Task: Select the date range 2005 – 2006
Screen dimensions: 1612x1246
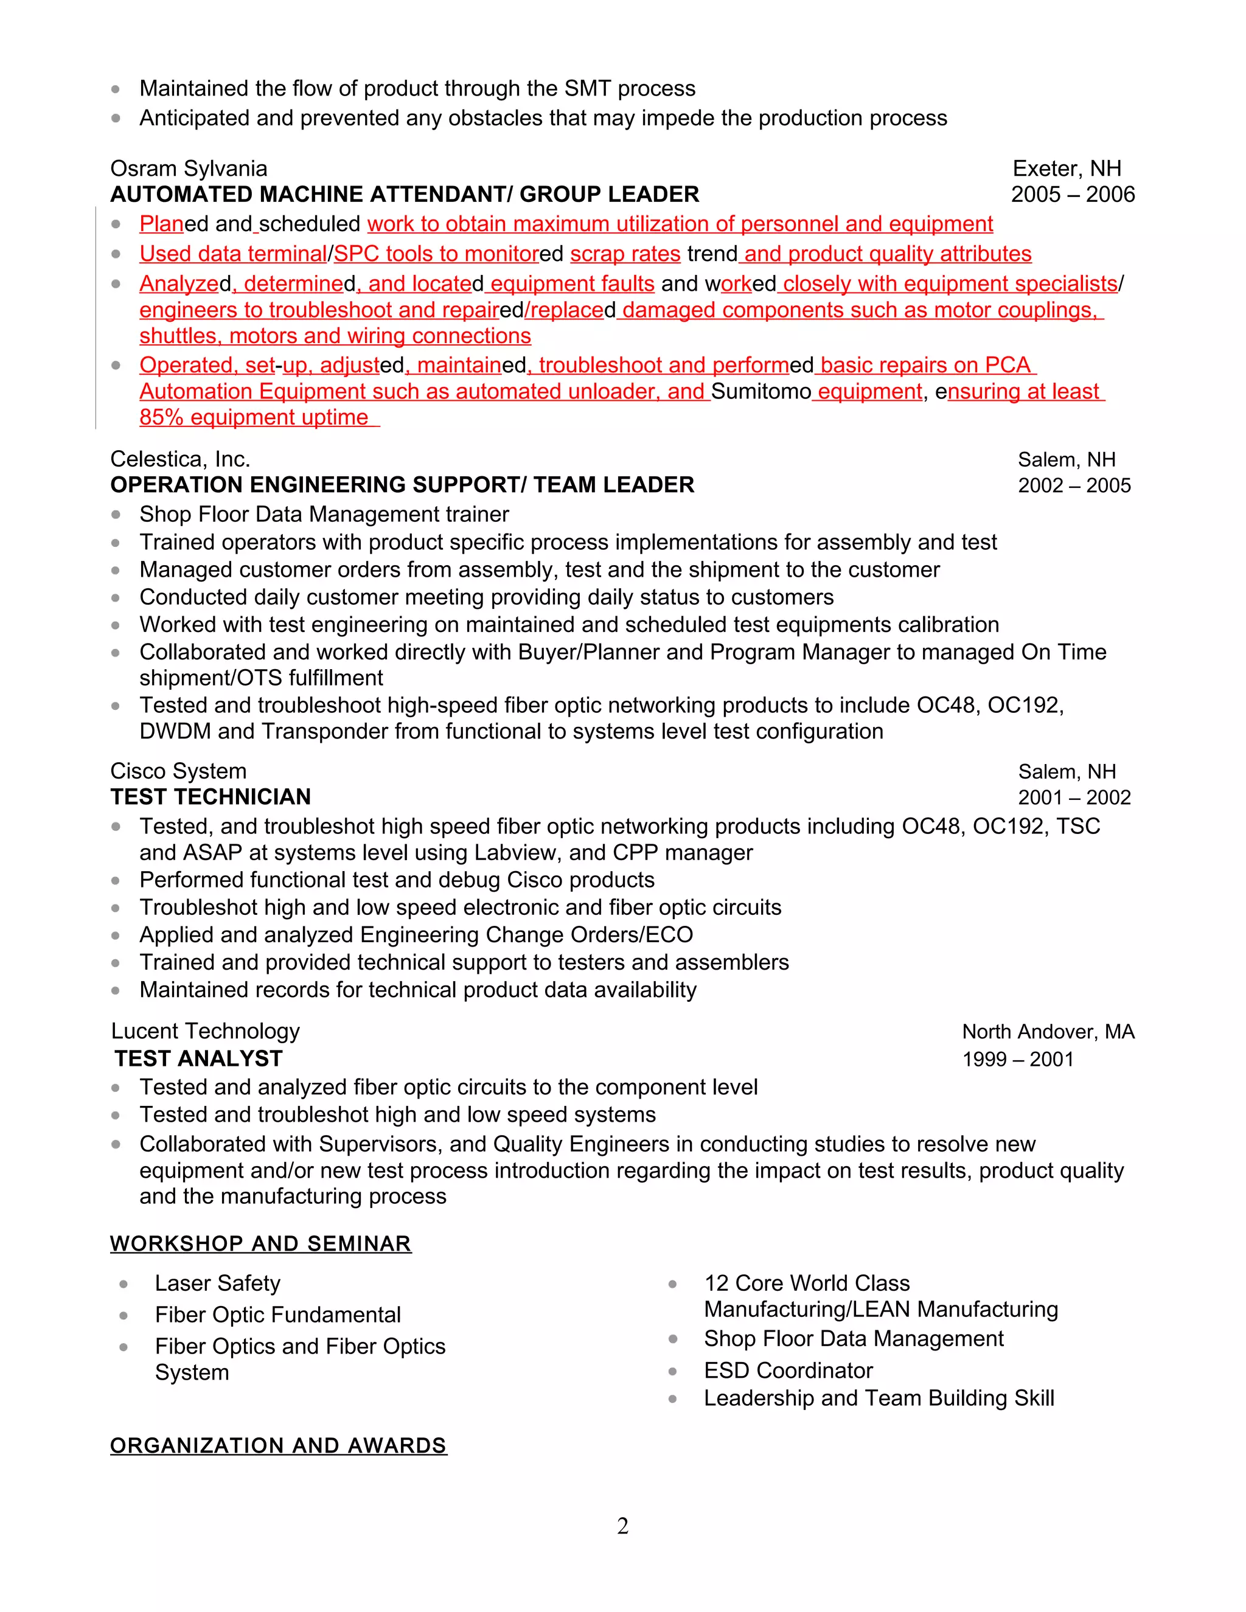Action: (1072, 195)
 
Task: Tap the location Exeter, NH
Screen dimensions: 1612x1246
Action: (1066, 168)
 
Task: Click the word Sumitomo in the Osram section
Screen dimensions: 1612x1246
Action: (760, 391)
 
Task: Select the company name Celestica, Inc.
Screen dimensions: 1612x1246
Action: (180, 459)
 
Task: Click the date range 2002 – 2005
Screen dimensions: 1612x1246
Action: (1073, 485)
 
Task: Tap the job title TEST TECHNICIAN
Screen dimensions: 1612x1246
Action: (211, 797)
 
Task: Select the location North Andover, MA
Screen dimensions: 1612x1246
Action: (1048, 1032)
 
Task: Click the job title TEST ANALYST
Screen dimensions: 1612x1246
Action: (198, 1059)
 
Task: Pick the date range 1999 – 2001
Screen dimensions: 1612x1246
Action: (1017, 1060)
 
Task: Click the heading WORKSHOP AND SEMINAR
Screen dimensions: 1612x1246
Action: (260, 1244)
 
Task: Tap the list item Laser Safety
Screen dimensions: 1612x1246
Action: (218, 1284)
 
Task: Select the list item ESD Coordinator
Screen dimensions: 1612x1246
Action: (788, 1371)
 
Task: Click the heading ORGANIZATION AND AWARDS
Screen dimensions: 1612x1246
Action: (278, 1445)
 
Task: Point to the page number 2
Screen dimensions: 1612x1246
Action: (622, 1526)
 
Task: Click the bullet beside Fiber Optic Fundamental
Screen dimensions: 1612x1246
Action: (124, 1315)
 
